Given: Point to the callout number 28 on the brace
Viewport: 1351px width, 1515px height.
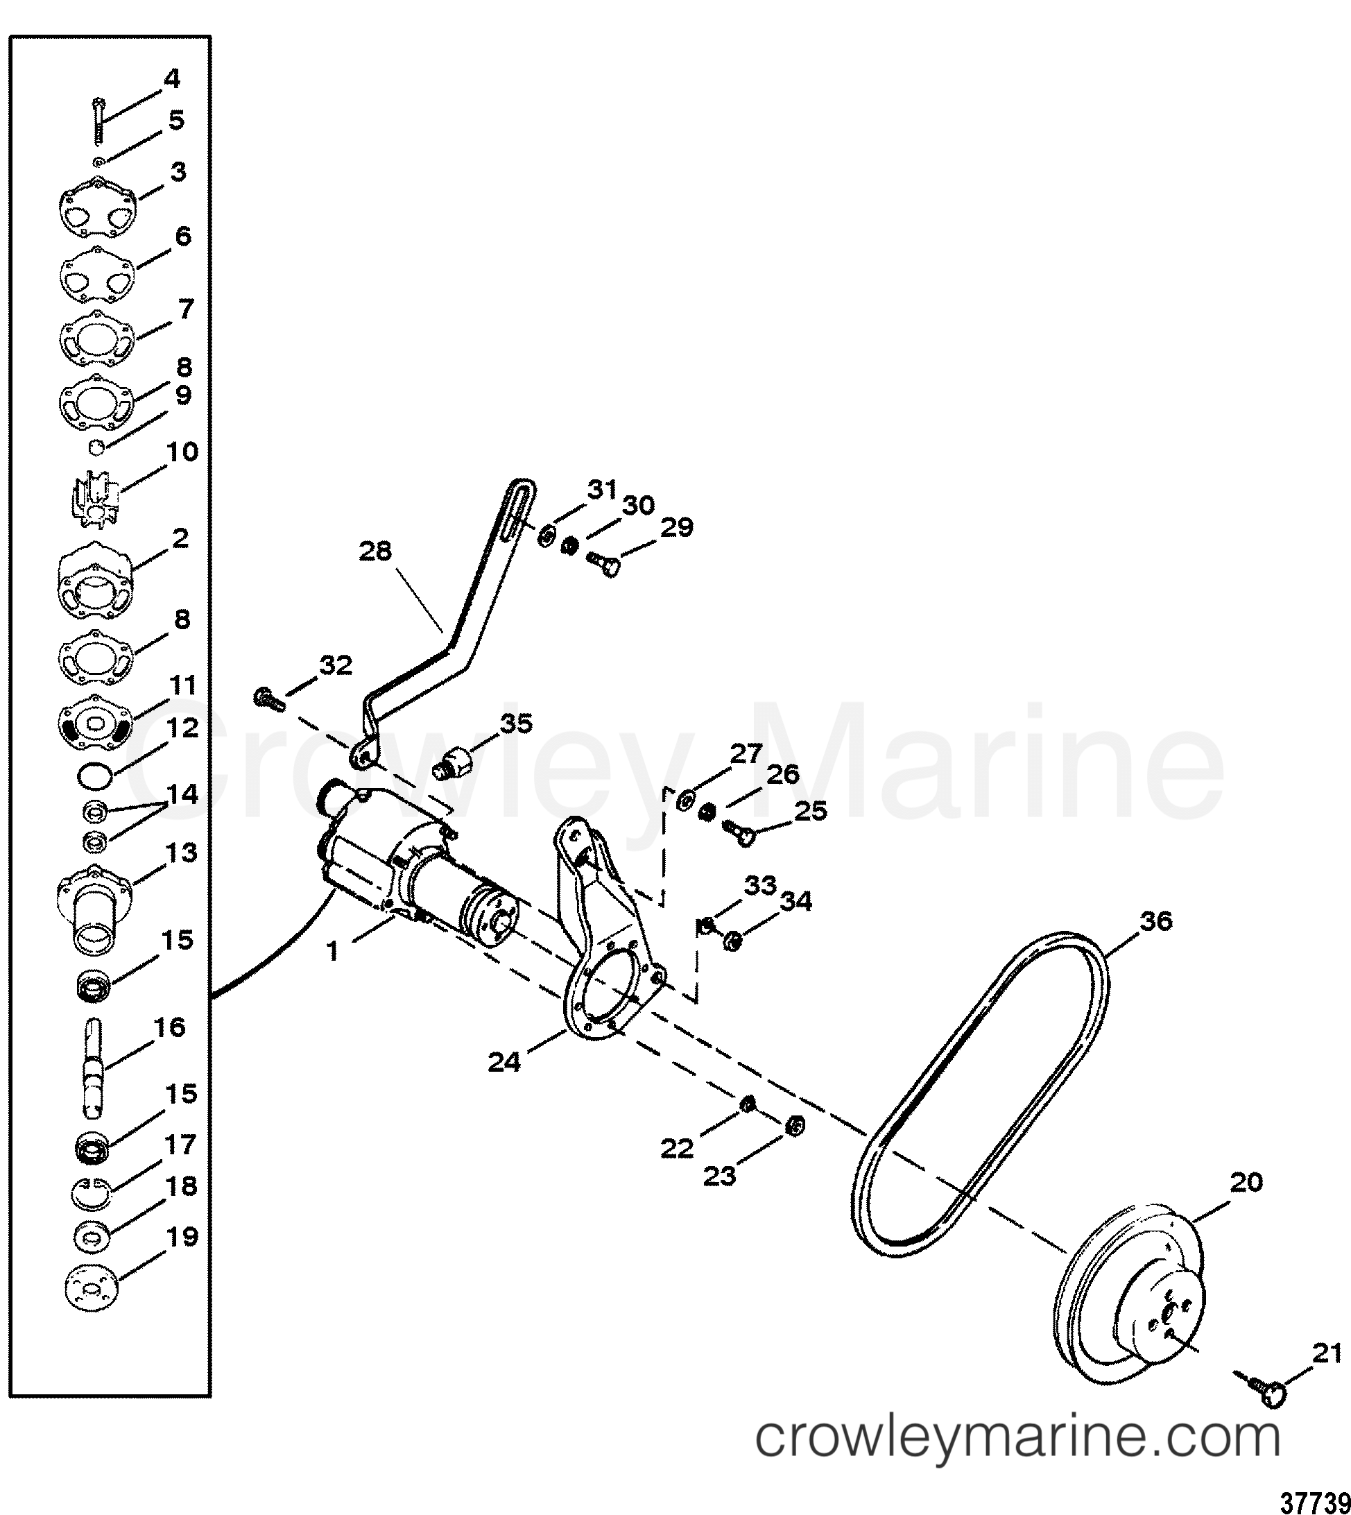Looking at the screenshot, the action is coord(375,551).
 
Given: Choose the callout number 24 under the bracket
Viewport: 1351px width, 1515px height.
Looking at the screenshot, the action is coord(504,1062).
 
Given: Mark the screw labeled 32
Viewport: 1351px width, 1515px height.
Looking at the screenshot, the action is coord(268,699).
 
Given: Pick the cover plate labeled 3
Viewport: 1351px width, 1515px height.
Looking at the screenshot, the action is coord(96,207).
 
